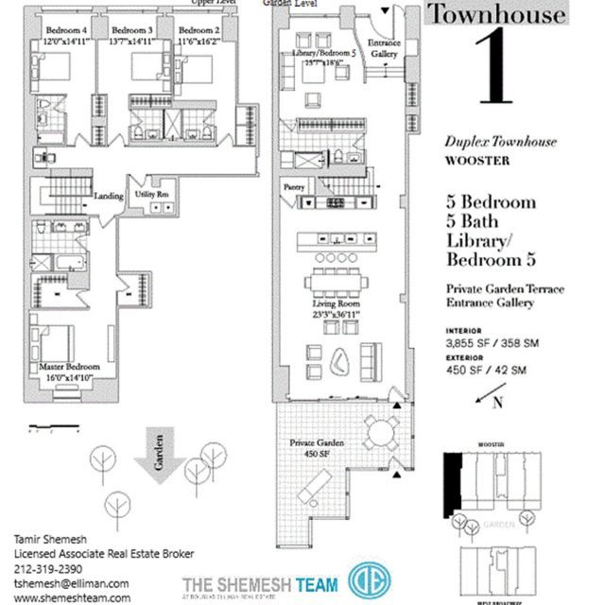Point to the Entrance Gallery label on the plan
pyautogui.click(x=383, y=50)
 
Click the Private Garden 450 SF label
pyautogui.click(x=317, y=448)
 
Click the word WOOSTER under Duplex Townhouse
pyautogui.click(x=477, y=161)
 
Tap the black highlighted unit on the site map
pyautogui.click(x=455, y=483)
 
